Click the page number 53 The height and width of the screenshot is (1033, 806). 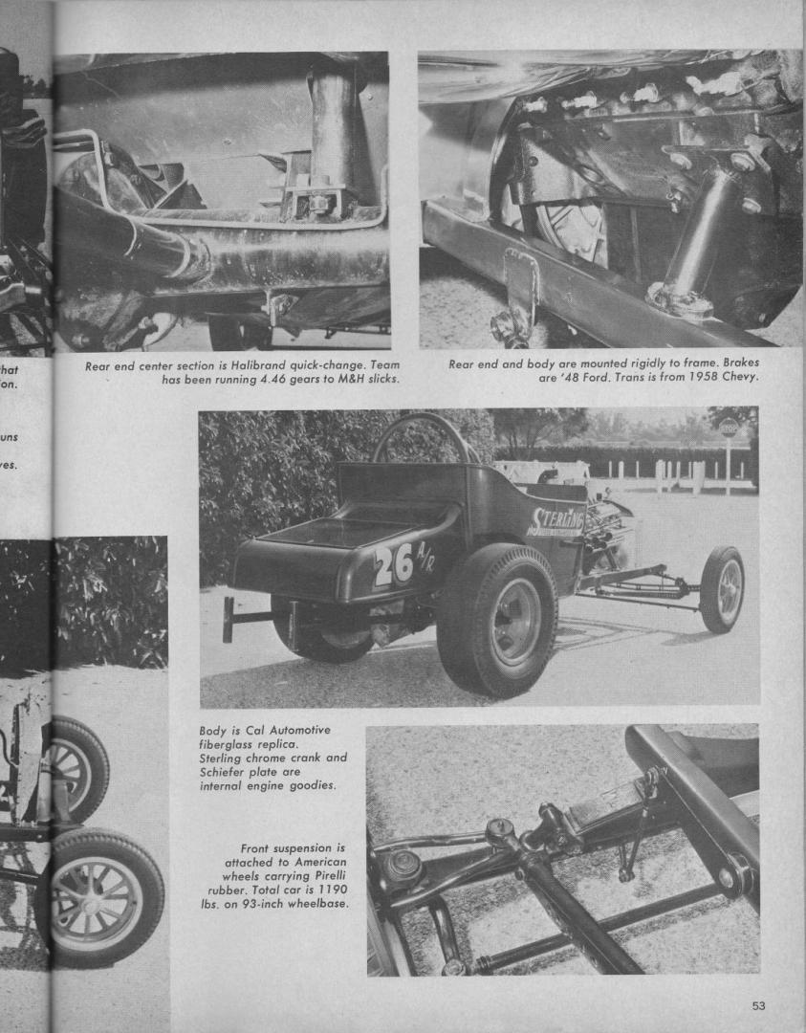click(x=758, y=1005)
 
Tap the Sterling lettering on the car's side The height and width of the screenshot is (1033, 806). click(x=557, y=519)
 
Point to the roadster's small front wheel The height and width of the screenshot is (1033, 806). click(x=722, y=589)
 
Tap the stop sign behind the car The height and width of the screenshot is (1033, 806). click(x=729, y=428)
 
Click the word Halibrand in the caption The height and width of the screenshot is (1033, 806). click(x=270, y=364)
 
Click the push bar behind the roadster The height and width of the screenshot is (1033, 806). click(x=229, y=619)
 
